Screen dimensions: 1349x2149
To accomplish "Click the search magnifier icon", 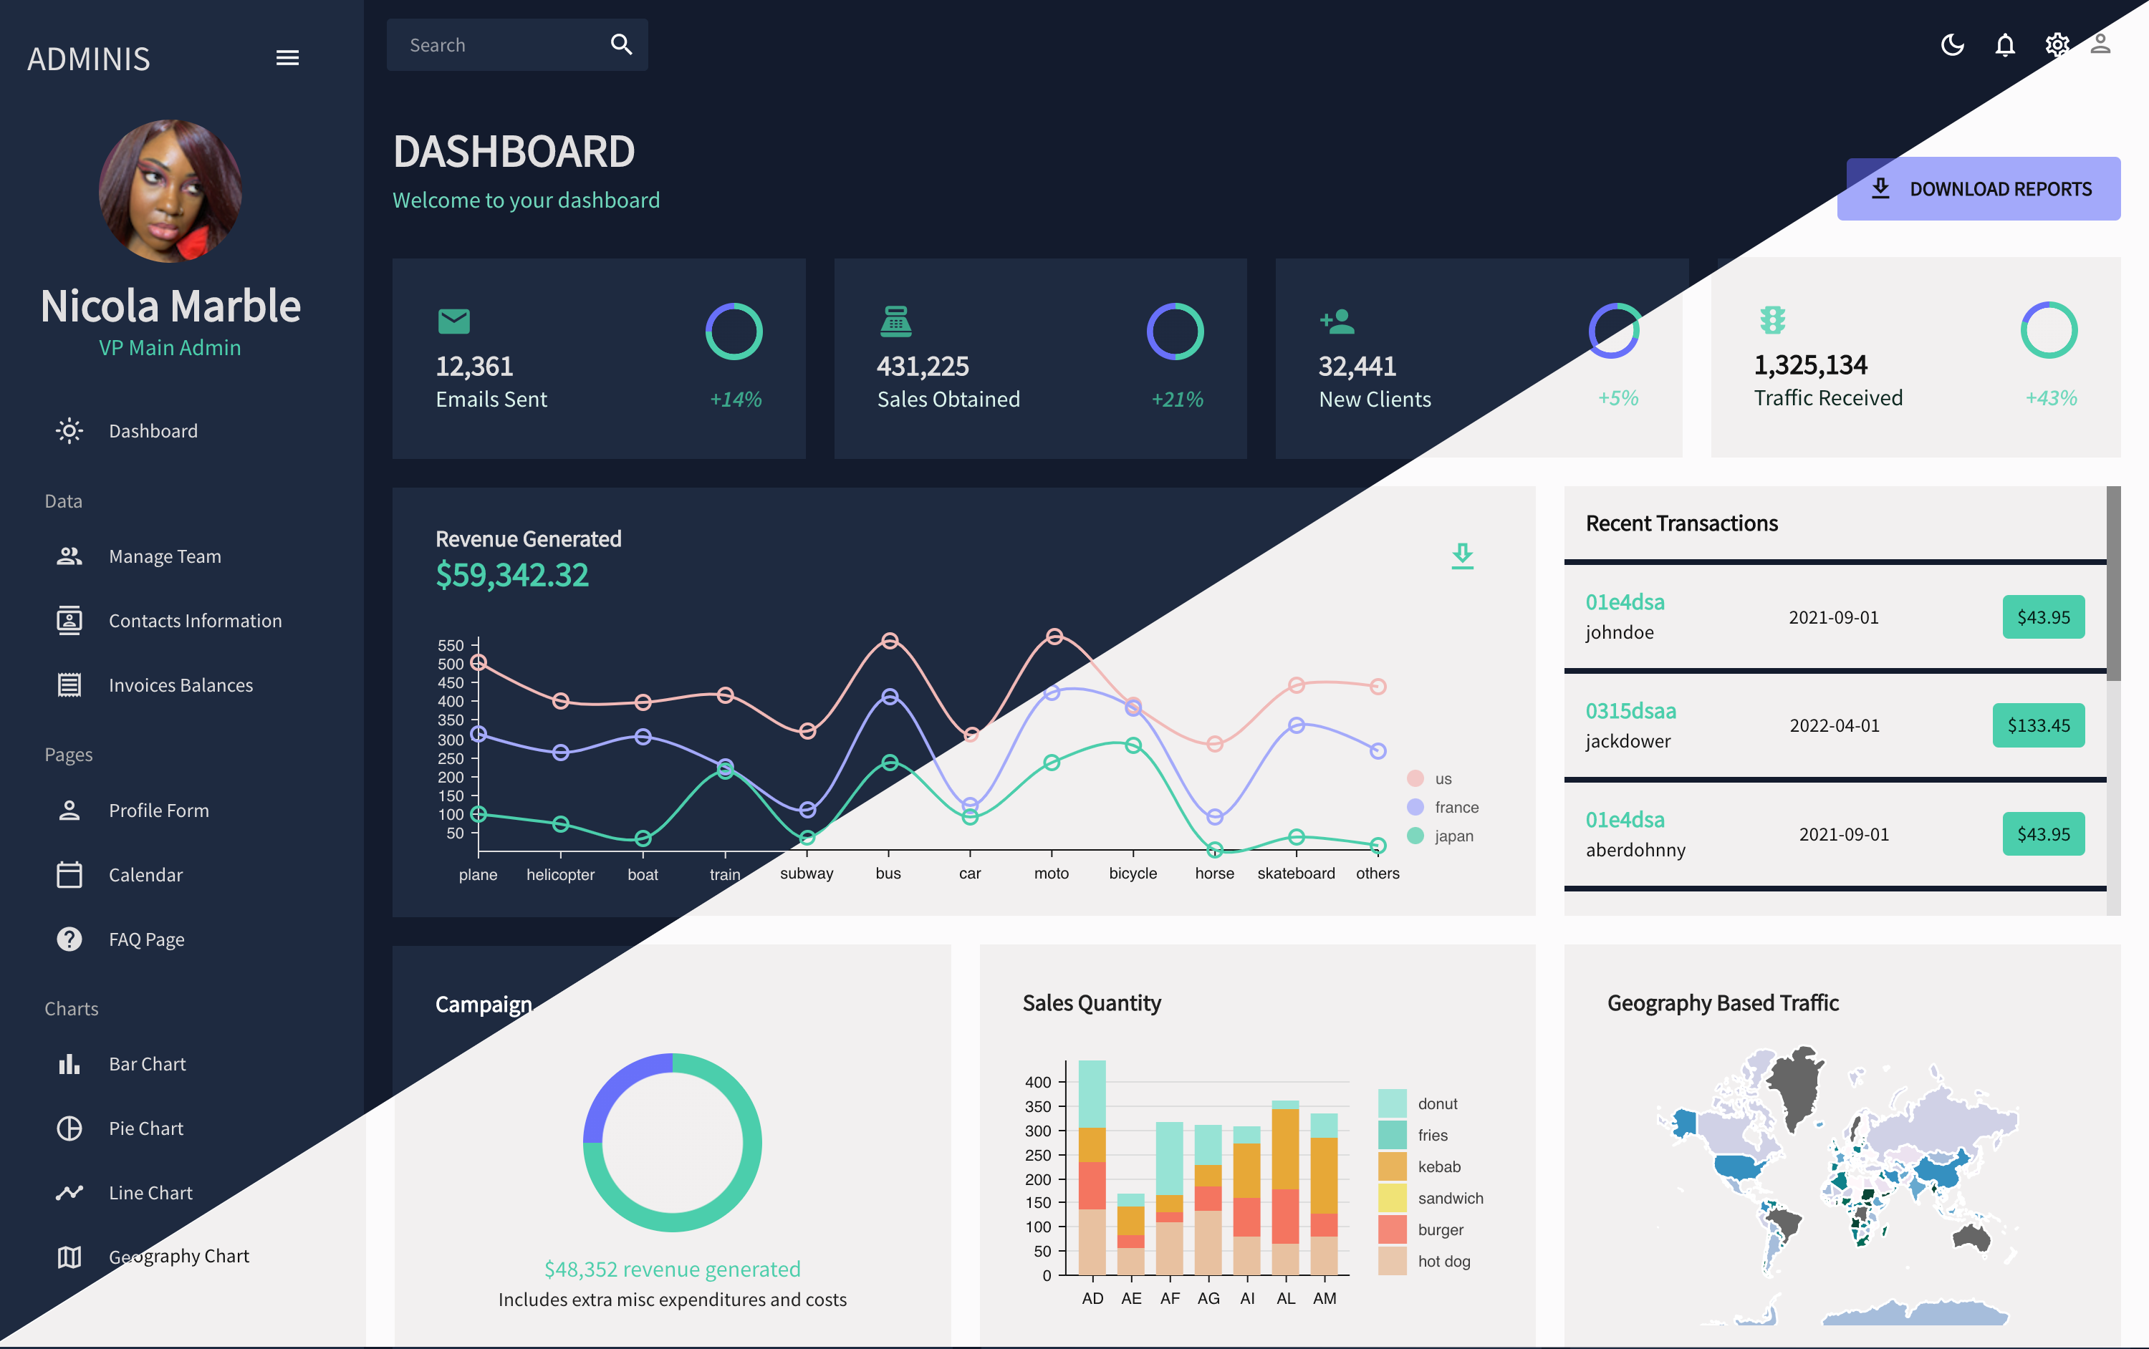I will tap(621, 44).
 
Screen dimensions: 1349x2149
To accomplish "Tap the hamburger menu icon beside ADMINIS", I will tap(287, 58).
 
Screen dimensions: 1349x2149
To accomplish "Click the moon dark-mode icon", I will tap(1952, 44).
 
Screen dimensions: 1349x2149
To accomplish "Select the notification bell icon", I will tap(2004, 44).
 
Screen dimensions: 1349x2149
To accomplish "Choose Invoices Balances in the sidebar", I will tap(181, 685).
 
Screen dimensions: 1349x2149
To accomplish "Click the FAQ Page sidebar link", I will tap(146, 939).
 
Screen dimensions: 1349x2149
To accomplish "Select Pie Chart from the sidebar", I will tap(145, 1128).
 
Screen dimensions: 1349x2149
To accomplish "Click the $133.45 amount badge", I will tap(2039, 725).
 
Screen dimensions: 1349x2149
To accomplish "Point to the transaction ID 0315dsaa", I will tap(1630, 710).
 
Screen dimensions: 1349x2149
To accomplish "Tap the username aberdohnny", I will tap(1635, 849).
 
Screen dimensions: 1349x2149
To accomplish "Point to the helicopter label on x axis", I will tap(559, 874).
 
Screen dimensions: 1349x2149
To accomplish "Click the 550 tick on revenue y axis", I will tap(451, 644).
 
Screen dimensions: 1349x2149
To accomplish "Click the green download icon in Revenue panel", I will tap(1462, 555).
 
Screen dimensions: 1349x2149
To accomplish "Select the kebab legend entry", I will tap(1438, 1166).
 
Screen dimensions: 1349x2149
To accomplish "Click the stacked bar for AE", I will tap(1130, 1235).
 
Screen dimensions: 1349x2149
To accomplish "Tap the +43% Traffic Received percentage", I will tap(2051, 398).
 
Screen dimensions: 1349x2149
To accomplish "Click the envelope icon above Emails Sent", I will tap(453, 320).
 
